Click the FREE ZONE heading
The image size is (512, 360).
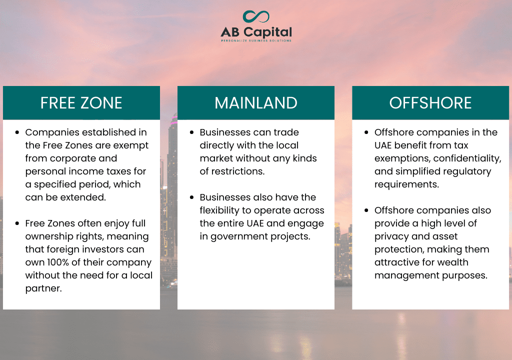point(81,103)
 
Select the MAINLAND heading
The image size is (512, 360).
point(256,103)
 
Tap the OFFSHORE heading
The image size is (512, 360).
point(430,103)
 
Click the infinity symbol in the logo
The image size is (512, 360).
point(256,16)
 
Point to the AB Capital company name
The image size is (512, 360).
point(256,32)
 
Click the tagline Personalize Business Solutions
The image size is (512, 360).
point(256,40)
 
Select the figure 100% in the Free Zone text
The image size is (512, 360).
point(58,262)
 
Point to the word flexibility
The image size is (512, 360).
point(219,210)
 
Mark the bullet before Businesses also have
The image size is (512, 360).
point(191,197)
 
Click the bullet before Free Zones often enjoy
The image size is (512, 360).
point(17,223)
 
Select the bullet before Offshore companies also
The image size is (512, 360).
point(366,210)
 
